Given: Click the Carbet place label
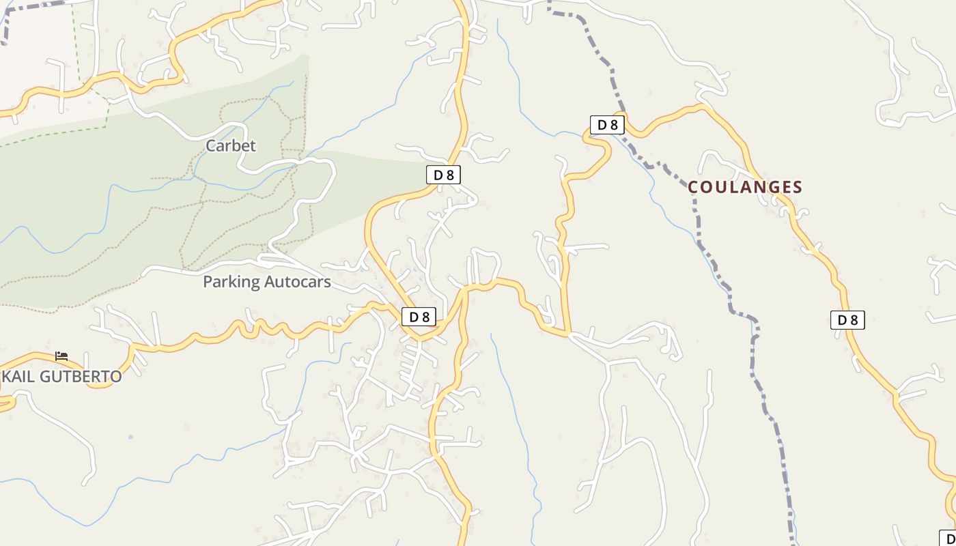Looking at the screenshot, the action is coord(231,145).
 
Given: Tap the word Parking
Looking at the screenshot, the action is coord(231,282).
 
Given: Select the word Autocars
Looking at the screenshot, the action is coord(297,282).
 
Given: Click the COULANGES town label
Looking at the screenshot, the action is coord(745,187).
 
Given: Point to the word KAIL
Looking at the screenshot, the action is coord(18,377).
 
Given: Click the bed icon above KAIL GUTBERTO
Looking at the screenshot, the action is coord(61,356).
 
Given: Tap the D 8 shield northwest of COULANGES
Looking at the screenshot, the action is coord(607,125).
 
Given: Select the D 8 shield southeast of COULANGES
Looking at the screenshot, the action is coord(847,319).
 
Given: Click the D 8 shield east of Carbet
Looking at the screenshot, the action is coord(443,175).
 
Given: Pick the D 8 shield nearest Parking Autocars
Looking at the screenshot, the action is coord(419,317).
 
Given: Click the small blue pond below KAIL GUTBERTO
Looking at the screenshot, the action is coord(130,437).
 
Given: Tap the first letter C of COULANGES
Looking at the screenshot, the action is coord(693,187).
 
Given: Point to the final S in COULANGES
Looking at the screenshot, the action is coord(797,187).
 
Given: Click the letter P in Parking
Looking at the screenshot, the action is coord(208,282).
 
